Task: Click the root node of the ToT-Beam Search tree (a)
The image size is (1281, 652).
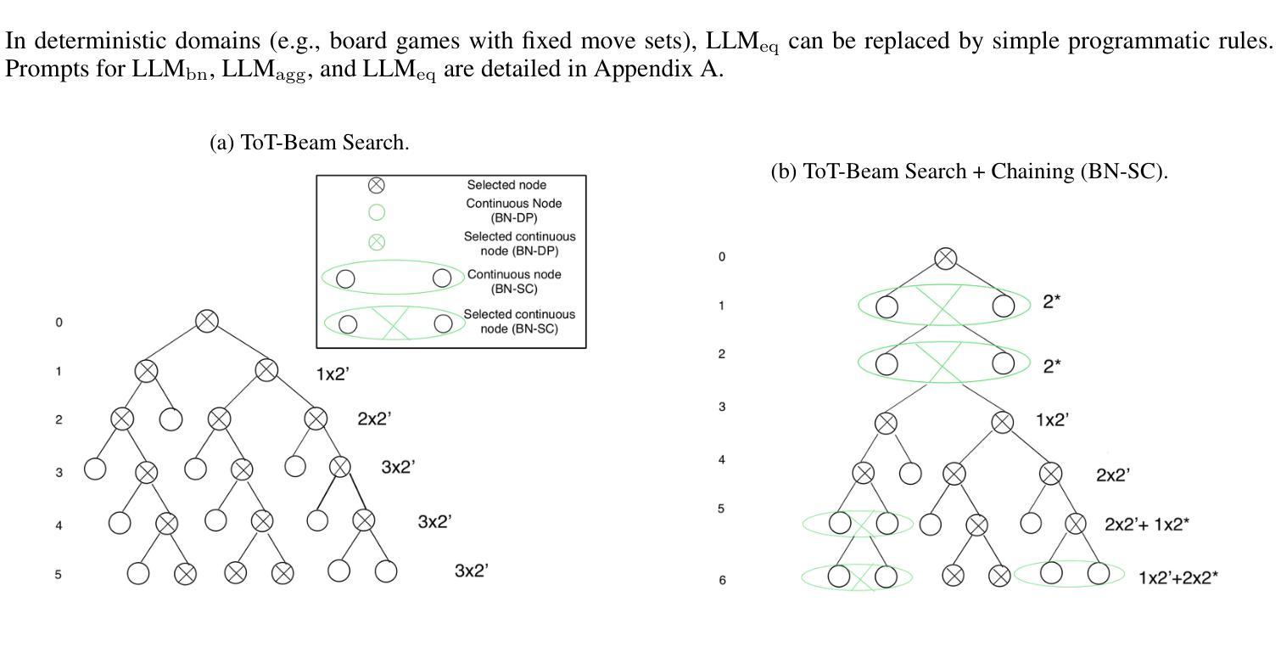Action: tap(207, 321)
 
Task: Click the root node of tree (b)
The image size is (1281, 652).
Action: tap(946, 258)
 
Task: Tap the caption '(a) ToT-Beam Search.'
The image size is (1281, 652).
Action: tap(310, 143)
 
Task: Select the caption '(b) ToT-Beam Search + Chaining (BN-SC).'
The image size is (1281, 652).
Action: tap(969, 171)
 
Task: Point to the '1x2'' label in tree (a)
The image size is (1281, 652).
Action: tap(333, 374)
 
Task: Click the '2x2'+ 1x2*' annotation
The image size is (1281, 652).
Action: tap(1146, 525)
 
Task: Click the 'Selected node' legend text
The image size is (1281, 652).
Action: tap(506, 185)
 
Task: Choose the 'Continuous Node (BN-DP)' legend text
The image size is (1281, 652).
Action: tap(513, 211)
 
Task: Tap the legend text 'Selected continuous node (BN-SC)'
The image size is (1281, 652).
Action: tap(518, 321)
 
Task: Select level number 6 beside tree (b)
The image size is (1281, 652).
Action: tap(722, 581)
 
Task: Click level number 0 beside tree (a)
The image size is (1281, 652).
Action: tap(59, 323)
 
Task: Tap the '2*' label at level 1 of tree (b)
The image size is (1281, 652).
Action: tap(1052, 301)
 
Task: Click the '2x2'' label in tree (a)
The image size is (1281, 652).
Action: tap(374, 419)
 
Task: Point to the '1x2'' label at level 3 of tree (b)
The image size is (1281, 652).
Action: tap(1052, 419)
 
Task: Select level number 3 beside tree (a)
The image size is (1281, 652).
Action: tap(59, 472)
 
